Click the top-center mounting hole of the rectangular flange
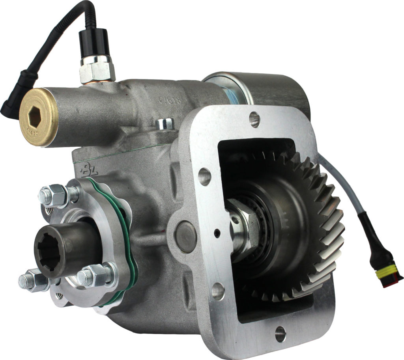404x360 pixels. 255,118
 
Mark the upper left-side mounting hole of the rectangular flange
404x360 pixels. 205,177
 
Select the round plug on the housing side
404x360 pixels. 185,237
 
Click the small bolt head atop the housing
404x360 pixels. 165,124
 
